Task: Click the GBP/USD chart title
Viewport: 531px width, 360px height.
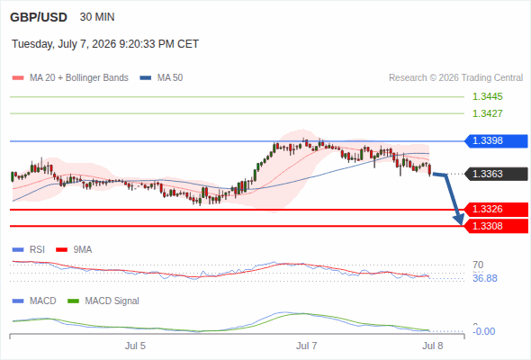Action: [x=39, y=17]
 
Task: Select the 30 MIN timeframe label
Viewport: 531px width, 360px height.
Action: [x=97, y=17]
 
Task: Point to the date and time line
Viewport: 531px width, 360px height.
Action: [x=105, y=44]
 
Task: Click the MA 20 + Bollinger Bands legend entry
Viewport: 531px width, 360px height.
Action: [x=70, y=78]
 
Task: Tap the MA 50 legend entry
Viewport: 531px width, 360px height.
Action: [x=161, y=78]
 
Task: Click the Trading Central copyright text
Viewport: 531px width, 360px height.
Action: [x=455, y=78]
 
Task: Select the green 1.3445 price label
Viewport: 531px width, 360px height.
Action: [x=487, y=96]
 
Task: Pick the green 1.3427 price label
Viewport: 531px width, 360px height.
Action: [x=487, y=113]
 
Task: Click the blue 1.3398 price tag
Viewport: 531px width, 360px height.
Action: [x=496, y=141]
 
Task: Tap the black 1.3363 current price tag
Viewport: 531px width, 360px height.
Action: [x=496, y=174]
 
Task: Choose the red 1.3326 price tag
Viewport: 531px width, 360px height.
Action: [x=496, y=210]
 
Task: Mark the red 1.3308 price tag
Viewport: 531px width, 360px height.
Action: [x=496, y=226]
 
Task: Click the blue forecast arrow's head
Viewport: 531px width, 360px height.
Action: [x=460, y=220]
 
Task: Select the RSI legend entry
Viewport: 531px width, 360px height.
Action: [x=29, y=250]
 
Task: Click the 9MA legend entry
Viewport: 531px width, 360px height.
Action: [x=74, y=250]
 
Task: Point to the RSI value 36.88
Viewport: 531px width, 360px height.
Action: [x=485, y=279]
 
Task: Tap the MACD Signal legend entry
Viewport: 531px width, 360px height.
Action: [x=103, y=301]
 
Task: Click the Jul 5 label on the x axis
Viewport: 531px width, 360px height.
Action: [x=135, y=346]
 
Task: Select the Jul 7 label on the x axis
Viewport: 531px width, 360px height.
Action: [x=307, y=346]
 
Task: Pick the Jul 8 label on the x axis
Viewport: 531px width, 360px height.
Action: [x=433, y=346]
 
